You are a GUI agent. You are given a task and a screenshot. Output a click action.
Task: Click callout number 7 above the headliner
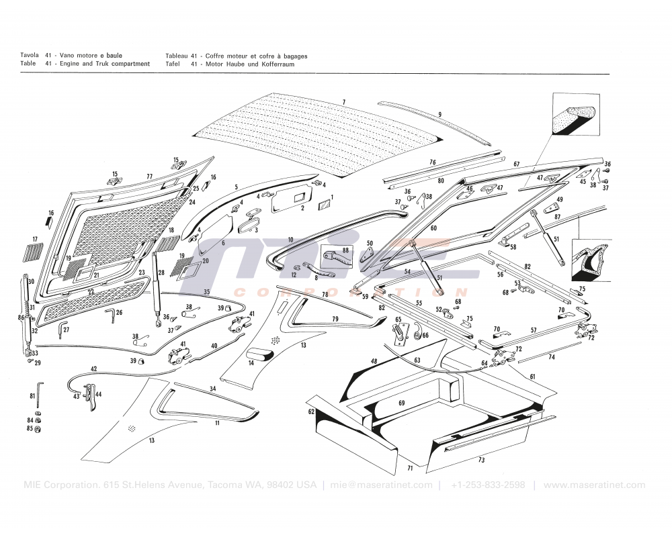point(343,102)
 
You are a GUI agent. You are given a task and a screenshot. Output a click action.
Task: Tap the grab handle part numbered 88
point(337,255)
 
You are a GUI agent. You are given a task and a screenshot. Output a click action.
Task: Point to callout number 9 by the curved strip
point(439,114)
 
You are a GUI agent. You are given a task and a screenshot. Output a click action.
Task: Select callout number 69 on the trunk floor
point(401,403)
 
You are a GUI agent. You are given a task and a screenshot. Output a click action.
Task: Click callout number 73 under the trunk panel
point(480,460)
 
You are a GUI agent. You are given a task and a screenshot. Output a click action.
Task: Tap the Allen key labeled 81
point(40,387)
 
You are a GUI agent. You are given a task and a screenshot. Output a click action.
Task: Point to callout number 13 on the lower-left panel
point(151,440)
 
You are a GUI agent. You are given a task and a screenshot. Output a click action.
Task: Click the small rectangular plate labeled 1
point(323,202)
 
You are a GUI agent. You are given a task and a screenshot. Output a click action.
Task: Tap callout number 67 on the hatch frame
point(516,164)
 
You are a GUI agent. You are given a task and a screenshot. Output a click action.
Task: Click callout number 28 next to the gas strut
point(161,273)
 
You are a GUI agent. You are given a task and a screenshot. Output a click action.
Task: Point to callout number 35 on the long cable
point(207,292)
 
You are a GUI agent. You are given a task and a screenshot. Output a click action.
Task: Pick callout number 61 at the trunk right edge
point(532,377)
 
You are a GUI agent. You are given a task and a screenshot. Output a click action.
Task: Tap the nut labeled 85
point(39,429)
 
